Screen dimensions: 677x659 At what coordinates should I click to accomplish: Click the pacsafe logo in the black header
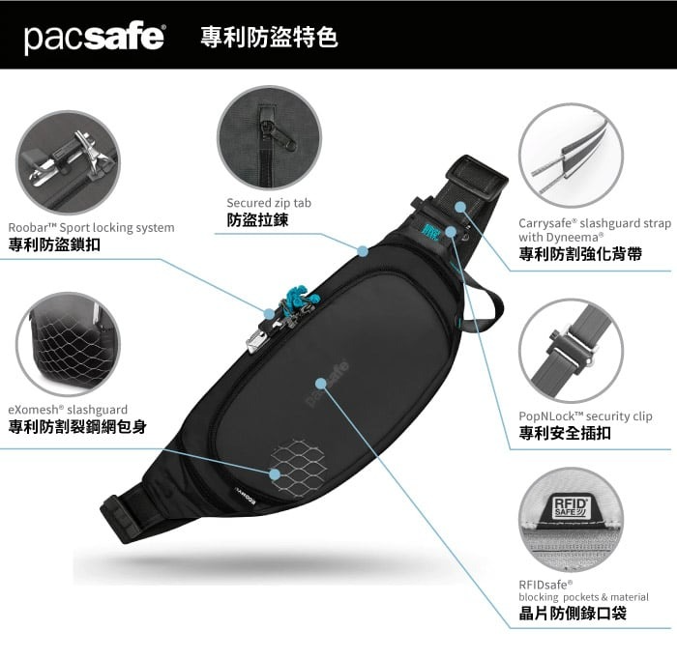click(x=94, y=38)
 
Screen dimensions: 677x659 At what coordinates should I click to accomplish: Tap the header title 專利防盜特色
click(x=269, y=37)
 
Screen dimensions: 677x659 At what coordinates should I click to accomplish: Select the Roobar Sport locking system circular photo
click(x=68, y=162)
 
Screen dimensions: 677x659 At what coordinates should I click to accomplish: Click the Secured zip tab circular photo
click(x=270, y=138)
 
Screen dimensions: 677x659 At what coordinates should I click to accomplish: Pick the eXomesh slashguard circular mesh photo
click(x=68, y=344)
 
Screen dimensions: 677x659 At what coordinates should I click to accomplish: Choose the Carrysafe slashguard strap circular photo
click(x=572, y=156)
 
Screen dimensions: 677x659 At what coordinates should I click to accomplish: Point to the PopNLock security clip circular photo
click(x=572, y=351)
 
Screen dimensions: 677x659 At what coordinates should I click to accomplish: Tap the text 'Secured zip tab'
click(x=269, y=203)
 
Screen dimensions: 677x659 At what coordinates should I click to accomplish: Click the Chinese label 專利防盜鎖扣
click(x=54, y=244)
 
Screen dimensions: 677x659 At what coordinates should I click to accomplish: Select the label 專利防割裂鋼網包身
click(x=77, y=426)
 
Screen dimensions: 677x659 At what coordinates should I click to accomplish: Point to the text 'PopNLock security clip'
click(x=585, y=416)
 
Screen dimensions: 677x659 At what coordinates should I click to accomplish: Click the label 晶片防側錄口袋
click(x=573, y=613)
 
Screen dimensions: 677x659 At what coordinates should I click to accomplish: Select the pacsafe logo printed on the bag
click(x=327, y=383)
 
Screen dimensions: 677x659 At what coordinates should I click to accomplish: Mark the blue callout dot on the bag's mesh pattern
click(x=275, y=474)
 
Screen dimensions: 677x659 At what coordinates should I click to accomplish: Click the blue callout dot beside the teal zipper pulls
click(x=269, y=313)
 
